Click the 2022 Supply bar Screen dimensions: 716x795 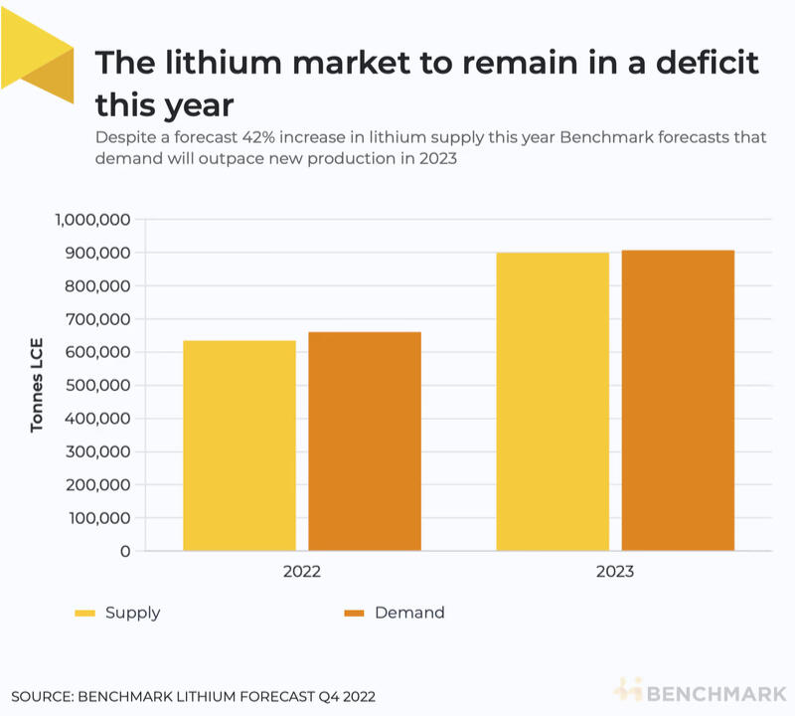pos(239,446)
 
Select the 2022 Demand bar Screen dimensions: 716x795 pos(365,442)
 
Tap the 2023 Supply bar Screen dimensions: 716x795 pos(553,402)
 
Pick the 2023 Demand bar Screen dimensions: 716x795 pos(678,400)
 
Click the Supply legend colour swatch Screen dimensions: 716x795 pos(85,614)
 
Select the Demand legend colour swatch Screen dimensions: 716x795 pos(355,614)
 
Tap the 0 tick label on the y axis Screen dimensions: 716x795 pos(125,551)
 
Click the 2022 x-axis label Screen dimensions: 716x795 pos(302,573)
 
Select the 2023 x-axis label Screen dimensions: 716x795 pos(615,573)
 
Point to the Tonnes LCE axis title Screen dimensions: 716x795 pos(38,385)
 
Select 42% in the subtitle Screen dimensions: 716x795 pos(275,138)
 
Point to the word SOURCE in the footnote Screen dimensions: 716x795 pos(46,696)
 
